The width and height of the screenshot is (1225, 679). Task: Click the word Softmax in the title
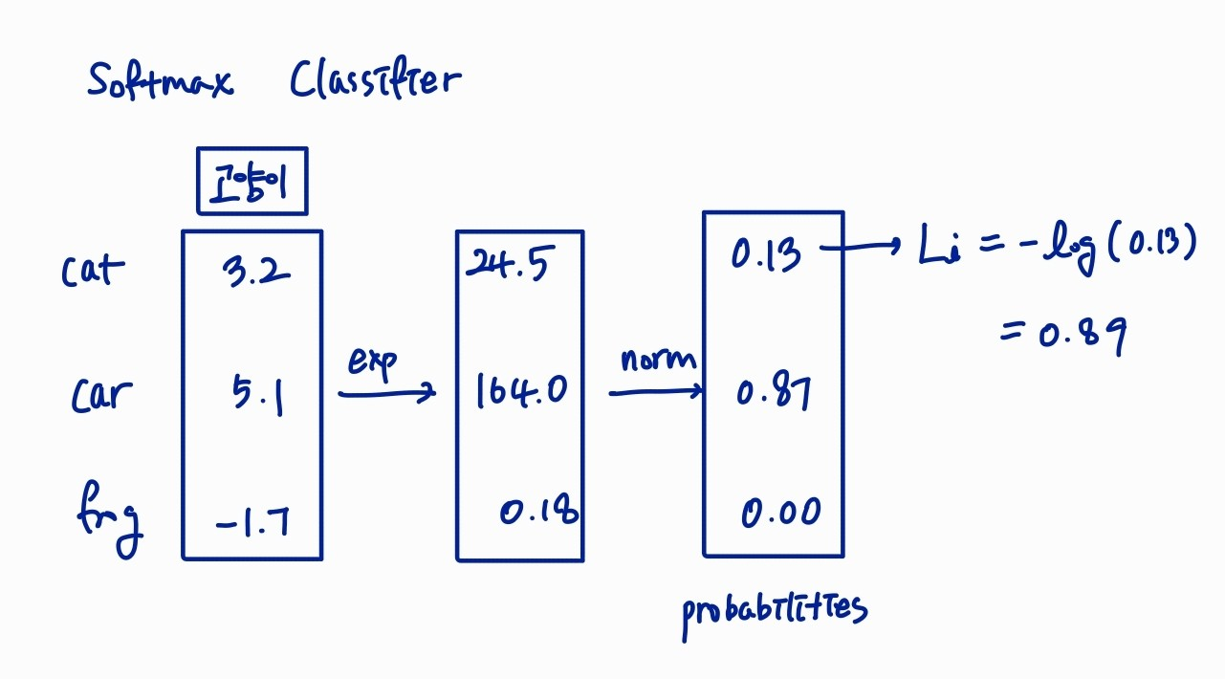pos(160,80)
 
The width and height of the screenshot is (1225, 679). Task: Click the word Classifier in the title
pos(375,80)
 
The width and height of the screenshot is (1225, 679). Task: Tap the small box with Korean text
pos(252,181)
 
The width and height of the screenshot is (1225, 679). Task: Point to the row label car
pos(101,394)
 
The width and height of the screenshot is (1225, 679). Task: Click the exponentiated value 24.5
pos(507,265)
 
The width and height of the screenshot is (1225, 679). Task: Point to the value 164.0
pos(522,391)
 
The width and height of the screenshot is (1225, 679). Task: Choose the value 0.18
pos(538,513)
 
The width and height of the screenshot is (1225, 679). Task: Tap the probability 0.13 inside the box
pos(766,254)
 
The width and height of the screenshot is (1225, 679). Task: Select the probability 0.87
pos(773,392)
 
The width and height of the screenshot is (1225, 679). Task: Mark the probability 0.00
pos(780,514)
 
